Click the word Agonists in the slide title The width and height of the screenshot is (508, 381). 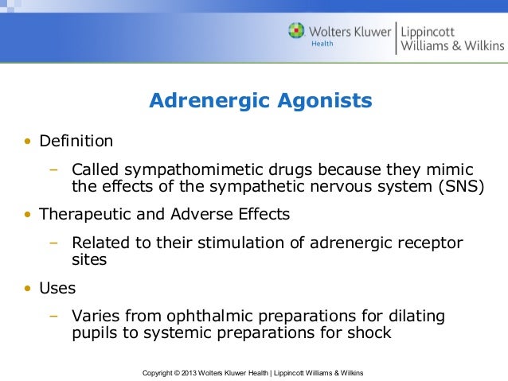coord(326,101)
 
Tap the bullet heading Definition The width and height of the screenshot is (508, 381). coord(76,142)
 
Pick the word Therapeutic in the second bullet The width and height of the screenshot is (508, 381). coord(86,215)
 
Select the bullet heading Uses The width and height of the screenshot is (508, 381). coord(57,288)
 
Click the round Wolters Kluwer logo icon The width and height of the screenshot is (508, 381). coord(296,32)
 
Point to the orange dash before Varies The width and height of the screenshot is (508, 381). coord(54,316)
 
